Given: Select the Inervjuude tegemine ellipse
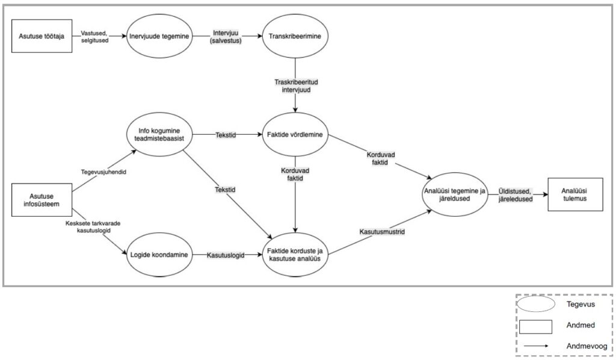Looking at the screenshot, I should pos(160,37).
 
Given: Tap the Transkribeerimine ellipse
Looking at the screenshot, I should pos(294,37).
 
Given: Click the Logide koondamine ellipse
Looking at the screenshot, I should pos(160,255).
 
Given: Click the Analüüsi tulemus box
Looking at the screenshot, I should pos(575,195).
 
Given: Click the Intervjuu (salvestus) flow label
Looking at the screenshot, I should pos(227,37).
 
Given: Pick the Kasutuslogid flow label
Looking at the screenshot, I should pos(226,255).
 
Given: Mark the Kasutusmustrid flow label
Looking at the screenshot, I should pos(381,231).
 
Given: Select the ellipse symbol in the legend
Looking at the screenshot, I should pos(535,305).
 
